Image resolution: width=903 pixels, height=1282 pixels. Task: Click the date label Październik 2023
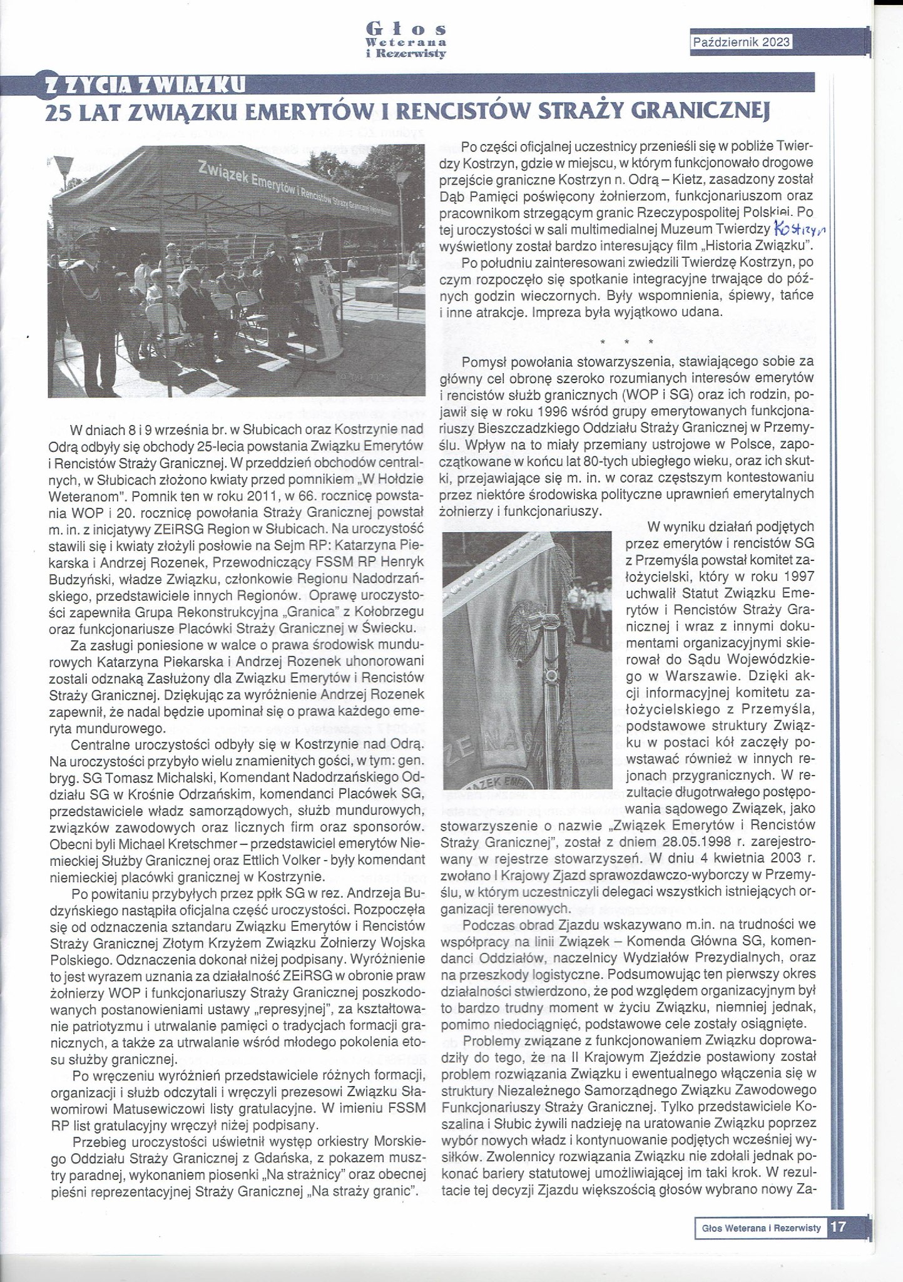(741, 42)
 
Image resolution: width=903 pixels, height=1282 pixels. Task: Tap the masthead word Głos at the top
(406, 29)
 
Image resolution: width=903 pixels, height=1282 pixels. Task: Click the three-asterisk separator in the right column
(626, 342)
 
